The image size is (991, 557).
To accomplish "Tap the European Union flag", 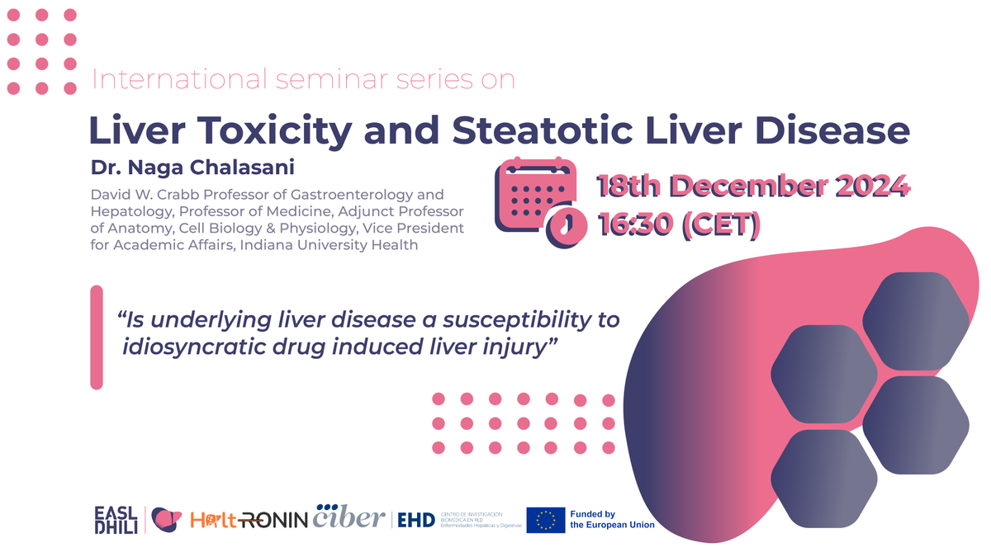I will pyautogui.click(x=546, y=519).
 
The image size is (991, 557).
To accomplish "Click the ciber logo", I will pyautogui.click(x=349, y=517).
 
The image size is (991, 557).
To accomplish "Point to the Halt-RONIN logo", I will pyautogui.click(x=248, y=520).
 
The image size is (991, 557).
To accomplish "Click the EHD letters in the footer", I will pyautogui.click(x=416, y=520).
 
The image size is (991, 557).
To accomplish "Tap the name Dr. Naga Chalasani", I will pyautogui.click(x=192, y=168).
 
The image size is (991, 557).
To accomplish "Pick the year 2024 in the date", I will pyautogui.click(x=867, y=187).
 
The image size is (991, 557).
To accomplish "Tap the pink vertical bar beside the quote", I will pyautogui.click(x=97, y=337).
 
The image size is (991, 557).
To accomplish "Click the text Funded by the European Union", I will pyautogui.click(x=612, y=520).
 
